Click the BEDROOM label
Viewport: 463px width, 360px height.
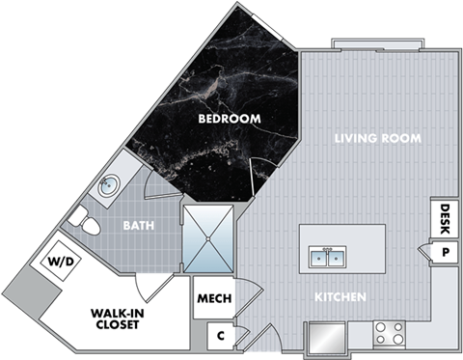point(230,119)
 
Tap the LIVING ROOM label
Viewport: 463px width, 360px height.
point(377,138)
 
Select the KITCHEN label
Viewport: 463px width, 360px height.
point(340,297)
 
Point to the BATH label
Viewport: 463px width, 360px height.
point(142,226)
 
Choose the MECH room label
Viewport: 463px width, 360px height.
point(214,298)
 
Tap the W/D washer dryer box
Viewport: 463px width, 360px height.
point(53,261)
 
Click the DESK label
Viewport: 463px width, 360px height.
point(445,214)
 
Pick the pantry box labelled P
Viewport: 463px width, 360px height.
point(445,252)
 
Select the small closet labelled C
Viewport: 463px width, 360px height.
point(221,336)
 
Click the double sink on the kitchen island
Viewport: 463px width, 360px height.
point(329,258)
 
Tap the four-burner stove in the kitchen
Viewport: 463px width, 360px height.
point(390,334)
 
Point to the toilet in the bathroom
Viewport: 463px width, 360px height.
point(87,226)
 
